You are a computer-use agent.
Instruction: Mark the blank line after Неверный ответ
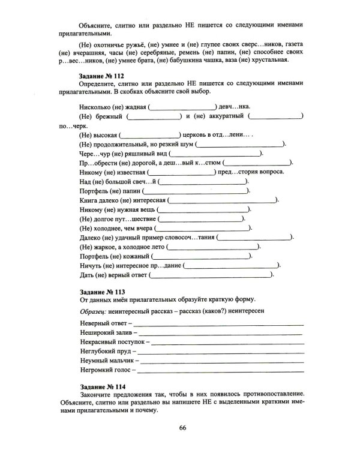point(218,324)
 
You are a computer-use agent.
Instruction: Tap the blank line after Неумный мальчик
point(222,362)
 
